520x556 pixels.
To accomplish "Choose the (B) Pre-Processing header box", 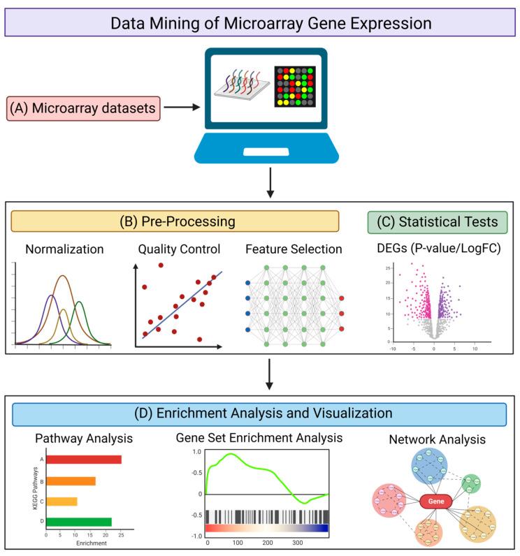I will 175,221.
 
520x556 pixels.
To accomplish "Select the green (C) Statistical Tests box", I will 437,222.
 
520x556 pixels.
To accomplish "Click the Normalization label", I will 64,249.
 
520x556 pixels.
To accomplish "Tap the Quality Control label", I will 180,249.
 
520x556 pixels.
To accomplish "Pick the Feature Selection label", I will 294,249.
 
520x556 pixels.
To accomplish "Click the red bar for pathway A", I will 84,460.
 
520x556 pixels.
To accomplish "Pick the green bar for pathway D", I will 79,521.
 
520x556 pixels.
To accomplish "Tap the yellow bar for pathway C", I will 62,501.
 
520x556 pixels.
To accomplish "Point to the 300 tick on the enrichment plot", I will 297,541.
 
